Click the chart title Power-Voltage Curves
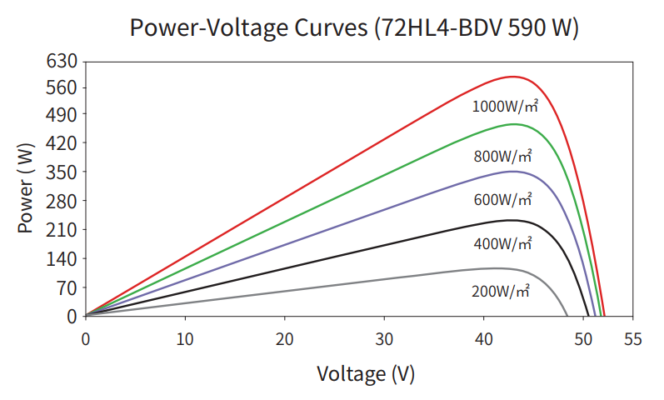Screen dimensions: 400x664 (x=354, y=27)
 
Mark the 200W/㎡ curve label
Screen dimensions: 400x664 (x=500, y=291)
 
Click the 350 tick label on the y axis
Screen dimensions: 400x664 (x=64, y=172)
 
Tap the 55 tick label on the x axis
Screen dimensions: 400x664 (x=633, y=338)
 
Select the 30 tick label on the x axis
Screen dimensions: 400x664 (x=384, y=338)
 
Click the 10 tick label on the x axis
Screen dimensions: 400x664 (x=185, y=338)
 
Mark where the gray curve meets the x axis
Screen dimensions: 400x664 (x=567, y=316)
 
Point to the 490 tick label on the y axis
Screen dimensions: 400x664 (x=64, y=114)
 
